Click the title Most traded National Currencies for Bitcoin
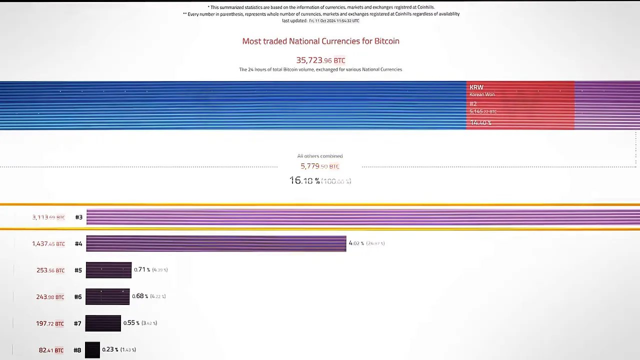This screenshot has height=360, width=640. click(320, 41)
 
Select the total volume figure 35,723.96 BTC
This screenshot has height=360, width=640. click(320, 60)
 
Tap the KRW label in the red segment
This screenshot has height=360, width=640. click(476, 87)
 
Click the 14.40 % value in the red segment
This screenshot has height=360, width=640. click(480, 122)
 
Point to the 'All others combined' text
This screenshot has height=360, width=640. click(320, 156)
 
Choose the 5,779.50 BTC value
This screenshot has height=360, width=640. click(320, 166)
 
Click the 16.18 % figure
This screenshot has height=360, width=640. click(304, 180)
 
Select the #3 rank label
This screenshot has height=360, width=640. click(78, 217)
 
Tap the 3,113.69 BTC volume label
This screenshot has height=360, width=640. click(48, 217)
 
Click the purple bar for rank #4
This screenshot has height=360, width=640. click(216, 243)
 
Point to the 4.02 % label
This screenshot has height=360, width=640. click(354, 243)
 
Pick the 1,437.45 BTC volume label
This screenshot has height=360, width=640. click(48, 243)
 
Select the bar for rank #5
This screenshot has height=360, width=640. click(108, 270)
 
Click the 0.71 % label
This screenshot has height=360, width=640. click(142, 269)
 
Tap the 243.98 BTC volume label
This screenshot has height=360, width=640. click(50, 297)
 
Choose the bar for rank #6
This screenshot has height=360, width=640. click(107, 296)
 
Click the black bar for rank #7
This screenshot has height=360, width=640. click(103, 323)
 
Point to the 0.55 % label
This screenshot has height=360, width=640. click(131, 322)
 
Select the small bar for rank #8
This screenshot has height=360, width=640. click(92, 349)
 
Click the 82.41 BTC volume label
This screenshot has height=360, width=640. click(51, 350)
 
